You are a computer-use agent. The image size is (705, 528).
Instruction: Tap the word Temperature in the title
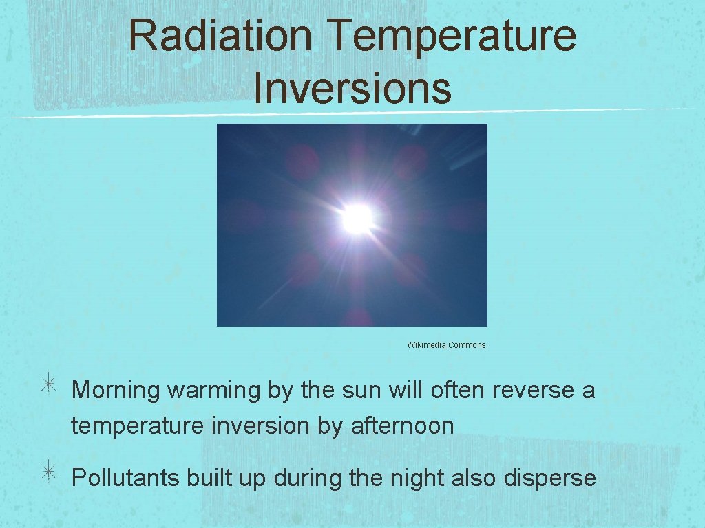452,36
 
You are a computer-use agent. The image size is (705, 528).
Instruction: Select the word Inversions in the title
352,89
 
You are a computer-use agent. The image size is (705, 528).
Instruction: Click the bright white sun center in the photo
357,219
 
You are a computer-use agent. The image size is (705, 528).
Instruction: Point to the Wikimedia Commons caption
446,345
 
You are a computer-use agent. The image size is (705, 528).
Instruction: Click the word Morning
116,390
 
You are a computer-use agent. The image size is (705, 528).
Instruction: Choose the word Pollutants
125,478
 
